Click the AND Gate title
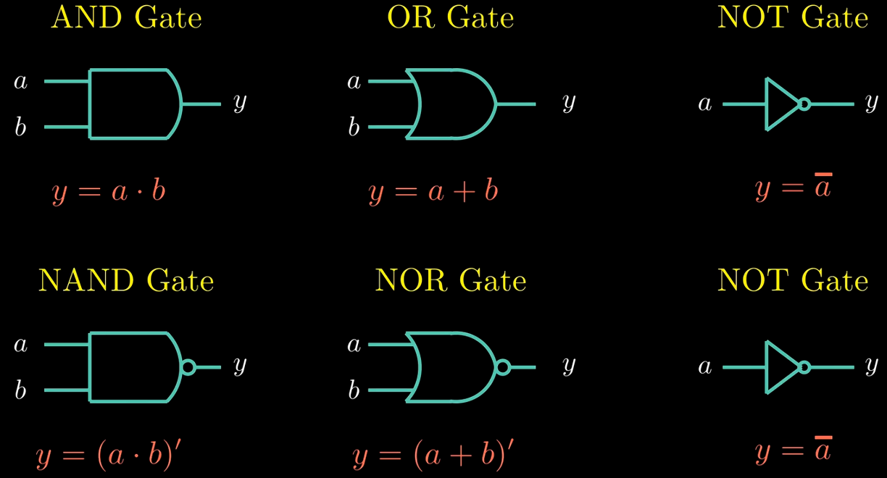(126, 18)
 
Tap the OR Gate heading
(451, 18)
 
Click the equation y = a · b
(109, 193)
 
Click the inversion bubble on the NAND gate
(188, 367)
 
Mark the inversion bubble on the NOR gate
(503, 367)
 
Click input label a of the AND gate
(20, 82)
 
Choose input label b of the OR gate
(354, 127)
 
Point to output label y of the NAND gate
(240, 366)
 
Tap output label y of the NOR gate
(569, 366)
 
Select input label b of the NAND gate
(20, 390)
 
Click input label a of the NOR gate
(354, 345)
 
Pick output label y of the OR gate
(569, 103)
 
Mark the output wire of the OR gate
(516, 104)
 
